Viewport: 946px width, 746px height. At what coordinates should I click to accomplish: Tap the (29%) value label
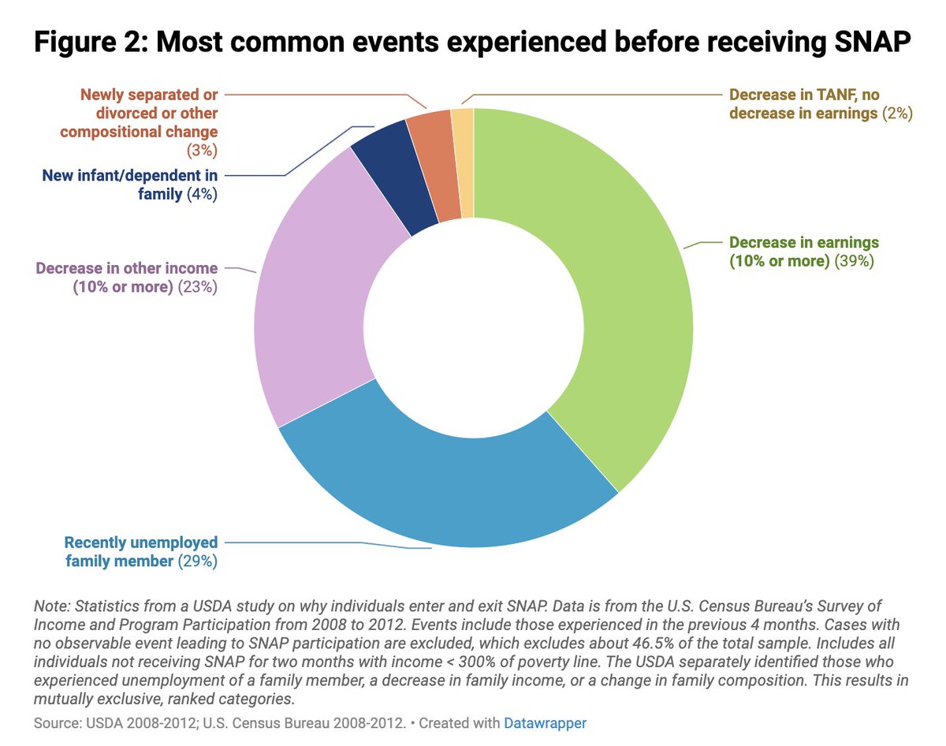click(x=197, y=561)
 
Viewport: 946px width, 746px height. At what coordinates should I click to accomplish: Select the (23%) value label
click(x=197, y=287)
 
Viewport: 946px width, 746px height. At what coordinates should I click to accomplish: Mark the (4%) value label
click(x=202, y=194)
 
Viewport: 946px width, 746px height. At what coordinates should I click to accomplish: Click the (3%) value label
click(x=203, y=151)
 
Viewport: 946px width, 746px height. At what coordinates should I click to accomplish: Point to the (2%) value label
click(x=898, y=114)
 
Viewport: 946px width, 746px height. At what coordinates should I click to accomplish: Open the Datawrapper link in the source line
click(x=545, y=723)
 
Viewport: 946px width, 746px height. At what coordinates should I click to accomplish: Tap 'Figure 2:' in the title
click(x=91, y=41)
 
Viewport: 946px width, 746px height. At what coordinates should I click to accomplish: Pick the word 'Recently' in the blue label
click(x=91, y=543)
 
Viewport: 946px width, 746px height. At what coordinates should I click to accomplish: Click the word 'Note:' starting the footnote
click(x=52, y=606)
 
